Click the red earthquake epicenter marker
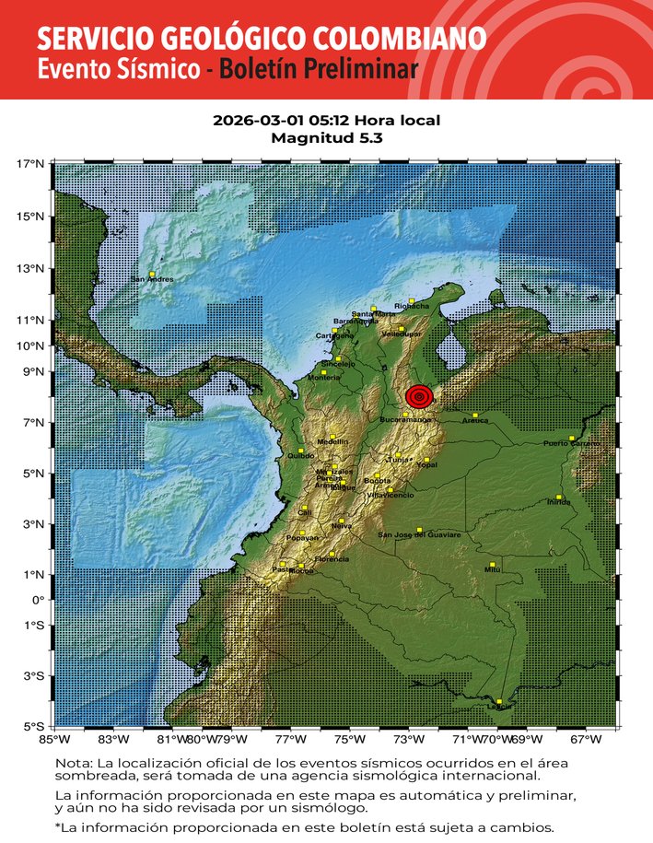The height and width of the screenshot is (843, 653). [x=419, y=397]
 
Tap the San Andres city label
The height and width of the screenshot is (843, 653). [x=152, y=279]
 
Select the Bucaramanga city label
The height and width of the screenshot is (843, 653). [x=405, y=420]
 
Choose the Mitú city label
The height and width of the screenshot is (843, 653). [x=492, y=570]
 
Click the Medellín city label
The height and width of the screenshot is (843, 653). [x=332, y=442]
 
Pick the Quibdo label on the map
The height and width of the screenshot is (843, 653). [x=301, y=456]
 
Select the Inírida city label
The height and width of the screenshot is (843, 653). [x=558, y=503]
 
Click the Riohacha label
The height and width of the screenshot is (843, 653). [x=411, y=306]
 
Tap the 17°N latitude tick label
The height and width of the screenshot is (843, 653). [x=30, y=164]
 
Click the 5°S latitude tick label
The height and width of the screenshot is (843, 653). [x=31, y=726]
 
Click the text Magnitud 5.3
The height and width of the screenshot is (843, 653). [x=326, y=138]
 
